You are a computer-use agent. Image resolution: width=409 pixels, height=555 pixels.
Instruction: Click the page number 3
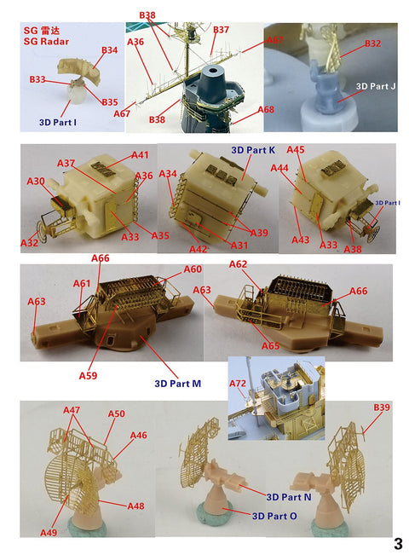coord(398,542)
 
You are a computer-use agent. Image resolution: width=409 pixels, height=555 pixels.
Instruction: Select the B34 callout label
coord(108,50)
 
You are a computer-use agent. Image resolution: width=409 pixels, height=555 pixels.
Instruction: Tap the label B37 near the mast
coord(221,30)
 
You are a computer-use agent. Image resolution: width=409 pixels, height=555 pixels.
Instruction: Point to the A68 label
coord(266,109)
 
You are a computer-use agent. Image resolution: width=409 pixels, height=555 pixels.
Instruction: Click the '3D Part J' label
coord(377,87)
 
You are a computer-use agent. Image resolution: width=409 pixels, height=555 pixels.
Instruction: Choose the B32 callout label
coord(372,43)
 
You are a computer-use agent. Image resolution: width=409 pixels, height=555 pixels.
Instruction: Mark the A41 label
coord(140,155)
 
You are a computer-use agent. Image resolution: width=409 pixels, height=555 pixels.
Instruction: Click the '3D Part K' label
coord(254,150)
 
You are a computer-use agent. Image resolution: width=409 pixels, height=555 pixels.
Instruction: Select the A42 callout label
coord(198,249)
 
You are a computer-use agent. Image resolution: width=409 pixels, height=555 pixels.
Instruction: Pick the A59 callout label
coord(88,375)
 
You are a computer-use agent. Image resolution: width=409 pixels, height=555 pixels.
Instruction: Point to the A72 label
coord(239,384)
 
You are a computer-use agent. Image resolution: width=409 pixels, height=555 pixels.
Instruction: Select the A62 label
coord(239,264)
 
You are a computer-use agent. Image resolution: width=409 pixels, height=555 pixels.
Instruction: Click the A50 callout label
coord(116,414)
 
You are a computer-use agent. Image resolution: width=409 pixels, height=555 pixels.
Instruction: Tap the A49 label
coord(49,532)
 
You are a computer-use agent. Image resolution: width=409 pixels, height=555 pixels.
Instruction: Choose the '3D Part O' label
coord(275,516)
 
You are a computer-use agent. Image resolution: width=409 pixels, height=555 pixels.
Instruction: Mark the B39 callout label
coord(382,408)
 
